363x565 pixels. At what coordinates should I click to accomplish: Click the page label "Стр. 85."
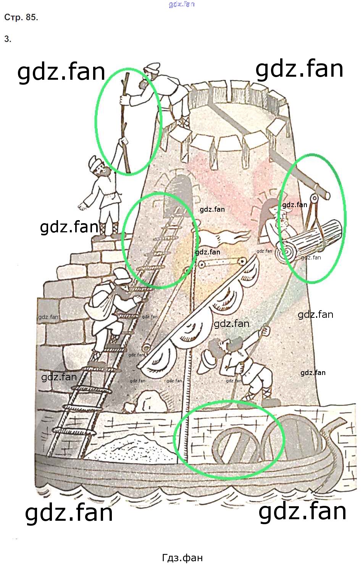[21, 18]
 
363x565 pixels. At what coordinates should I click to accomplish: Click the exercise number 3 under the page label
[8, 39]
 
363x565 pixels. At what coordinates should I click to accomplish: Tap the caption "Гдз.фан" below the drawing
[182, 558]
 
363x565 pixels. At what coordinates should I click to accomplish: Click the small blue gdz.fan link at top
[182, 4]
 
